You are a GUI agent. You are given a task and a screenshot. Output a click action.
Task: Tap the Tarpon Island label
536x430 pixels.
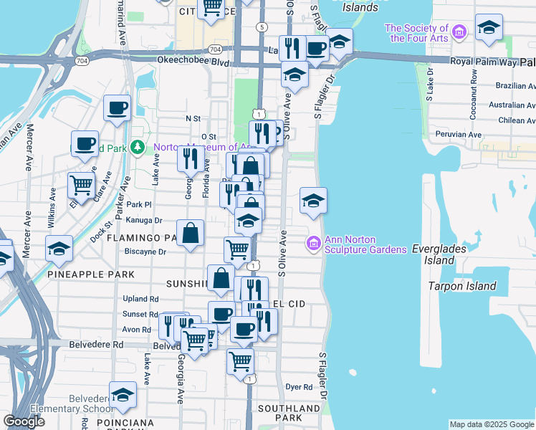point(462,286)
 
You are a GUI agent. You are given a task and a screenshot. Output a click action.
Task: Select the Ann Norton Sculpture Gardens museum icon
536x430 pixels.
point(312,244)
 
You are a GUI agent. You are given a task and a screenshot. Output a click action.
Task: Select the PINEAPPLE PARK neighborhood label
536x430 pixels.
point(91,274)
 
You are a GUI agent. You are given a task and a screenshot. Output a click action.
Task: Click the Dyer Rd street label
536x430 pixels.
point(299,387)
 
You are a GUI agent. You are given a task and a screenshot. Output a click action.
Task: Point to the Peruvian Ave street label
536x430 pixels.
point(465,134)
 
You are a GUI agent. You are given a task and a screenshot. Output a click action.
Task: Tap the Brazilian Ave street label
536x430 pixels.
point(516,85)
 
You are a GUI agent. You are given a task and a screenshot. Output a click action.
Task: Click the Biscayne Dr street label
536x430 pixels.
point(145,252)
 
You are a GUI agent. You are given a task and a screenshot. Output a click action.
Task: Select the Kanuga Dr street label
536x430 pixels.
point(144,221)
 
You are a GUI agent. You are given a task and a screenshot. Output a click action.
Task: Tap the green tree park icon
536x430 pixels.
point(140,148)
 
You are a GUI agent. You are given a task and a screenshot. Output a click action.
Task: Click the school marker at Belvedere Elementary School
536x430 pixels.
point(123,393)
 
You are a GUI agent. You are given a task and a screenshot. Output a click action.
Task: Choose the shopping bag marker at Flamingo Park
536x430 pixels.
point(190,234)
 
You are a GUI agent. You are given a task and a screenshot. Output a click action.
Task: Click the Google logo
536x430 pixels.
point(24,421)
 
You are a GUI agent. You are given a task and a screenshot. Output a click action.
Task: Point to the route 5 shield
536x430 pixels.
point(263,27)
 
